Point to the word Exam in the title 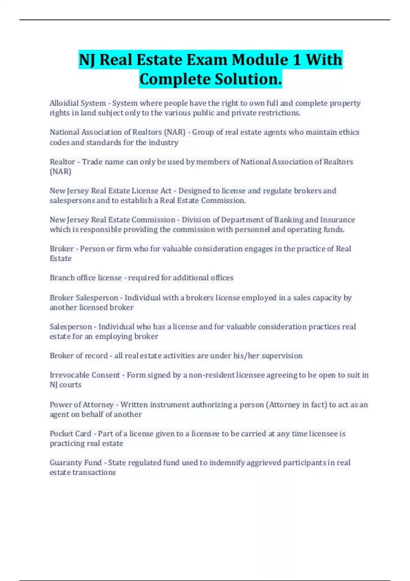[x=207, y=60]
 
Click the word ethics [x=349, y=132]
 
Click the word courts [x=70, y=385]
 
